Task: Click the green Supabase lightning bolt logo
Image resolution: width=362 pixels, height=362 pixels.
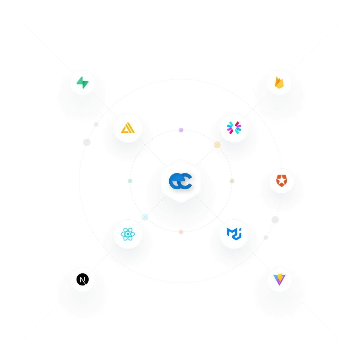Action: (x=82, y=82)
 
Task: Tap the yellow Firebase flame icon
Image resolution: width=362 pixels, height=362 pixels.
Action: (x=279, y=82)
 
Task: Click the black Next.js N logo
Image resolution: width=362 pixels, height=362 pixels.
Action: (x=82, y=280)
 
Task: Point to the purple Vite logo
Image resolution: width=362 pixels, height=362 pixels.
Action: (x=279, y=279)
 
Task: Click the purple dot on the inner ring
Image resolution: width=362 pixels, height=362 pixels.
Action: (x=181, y=130)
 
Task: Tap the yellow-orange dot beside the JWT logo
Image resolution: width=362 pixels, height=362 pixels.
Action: (x=217, y=145)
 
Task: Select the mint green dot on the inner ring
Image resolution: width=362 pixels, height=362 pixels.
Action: (x=130, y=181)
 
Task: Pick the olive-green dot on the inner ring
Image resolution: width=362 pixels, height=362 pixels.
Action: (x=232, y=181)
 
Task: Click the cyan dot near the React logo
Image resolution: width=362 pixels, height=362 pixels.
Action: (x=144, y=217)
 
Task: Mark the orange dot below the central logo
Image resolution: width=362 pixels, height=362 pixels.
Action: (x=181, y=232)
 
